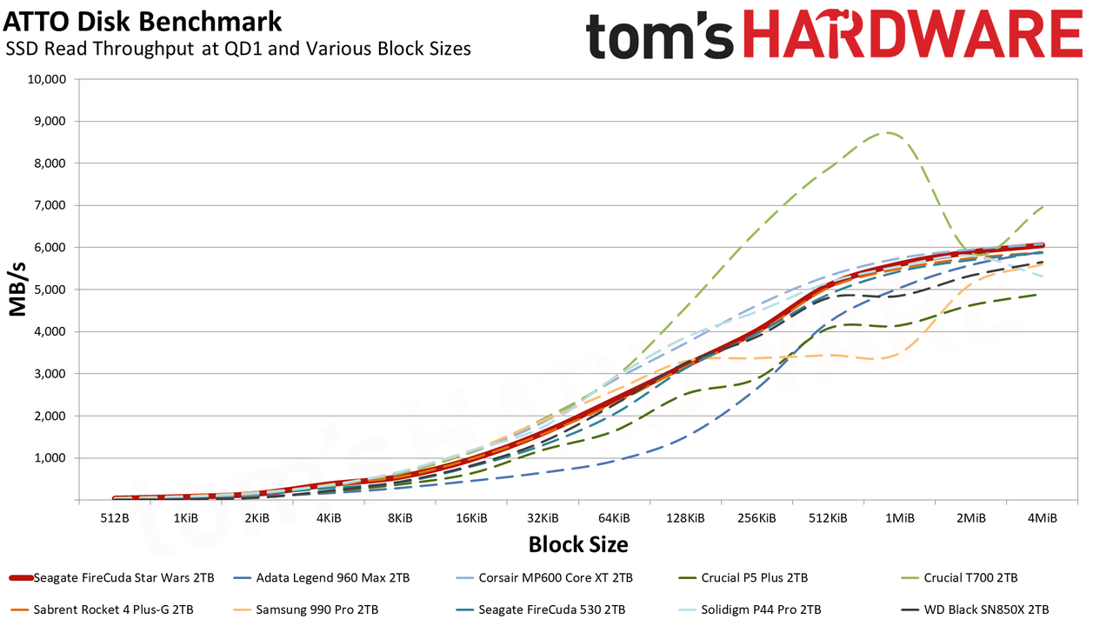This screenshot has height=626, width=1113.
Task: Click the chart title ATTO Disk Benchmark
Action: (143, 22)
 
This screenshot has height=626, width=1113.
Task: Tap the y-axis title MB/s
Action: (17, 290)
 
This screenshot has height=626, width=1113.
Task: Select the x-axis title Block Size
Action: (578, 544)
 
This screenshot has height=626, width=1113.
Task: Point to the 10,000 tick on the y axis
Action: (47, 79)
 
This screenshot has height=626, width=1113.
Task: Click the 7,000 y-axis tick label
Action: (50, 205)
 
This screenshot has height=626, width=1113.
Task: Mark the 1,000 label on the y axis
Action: (50, 458)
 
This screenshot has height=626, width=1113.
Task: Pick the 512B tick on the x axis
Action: (115, 518)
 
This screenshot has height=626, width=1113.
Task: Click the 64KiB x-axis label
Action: (614, 518)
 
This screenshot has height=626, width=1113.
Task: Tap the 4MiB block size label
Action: (1042, 518)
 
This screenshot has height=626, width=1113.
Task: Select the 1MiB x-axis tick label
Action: (899, 518)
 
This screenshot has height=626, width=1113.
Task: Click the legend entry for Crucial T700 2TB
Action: (959, 578)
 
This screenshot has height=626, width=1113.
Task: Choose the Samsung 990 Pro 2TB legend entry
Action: (305, 609)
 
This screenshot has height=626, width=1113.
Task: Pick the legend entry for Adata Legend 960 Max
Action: (322, 578)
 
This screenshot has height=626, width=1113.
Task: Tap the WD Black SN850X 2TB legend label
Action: (976, 609)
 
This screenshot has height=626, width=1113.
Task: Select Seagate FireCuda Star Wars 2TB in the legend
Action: (112, 578)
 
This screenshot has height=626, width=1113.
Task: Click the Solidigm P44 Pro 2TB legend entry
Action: (750, 609)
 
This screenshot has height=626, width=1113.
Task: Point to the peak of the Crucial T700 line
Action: (887, 133)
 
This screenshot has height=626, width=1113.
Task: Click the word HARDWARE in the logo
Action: (913, 35)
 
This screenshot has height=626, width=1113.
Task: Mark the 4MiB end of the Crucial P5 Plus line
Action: (1036, 295)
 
